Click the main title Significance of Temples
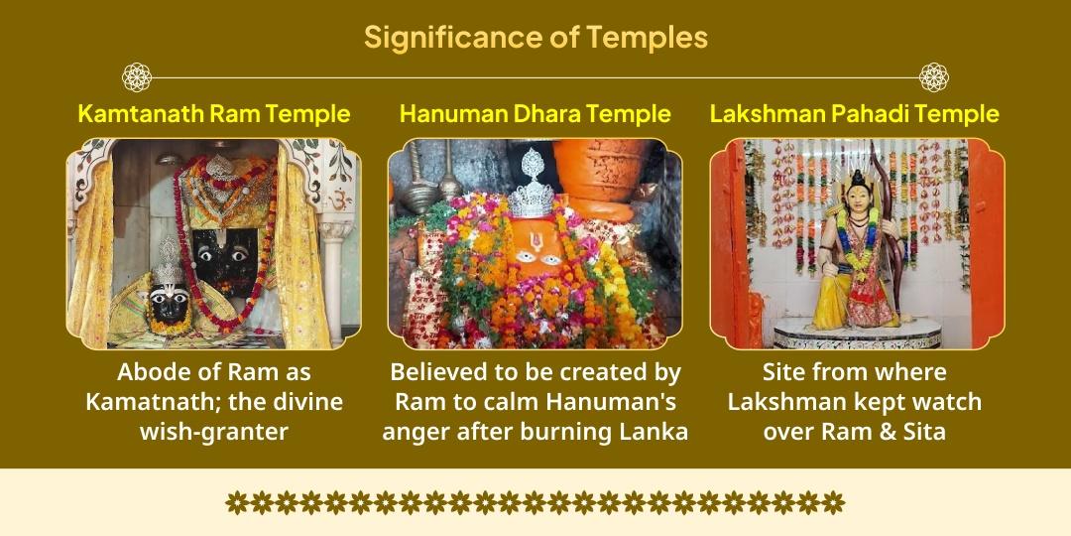[x=535, y=38]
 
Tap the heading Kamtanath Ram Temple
[x=213, y=113]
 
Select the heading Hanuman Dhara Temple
[x=535, y=113]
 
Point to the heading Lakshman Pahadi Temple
[x=854, y=113]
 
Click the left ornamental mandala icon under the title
[x=137, y=76]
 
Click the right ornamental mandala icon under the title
[x=933, y=76]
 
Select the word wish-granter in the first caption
[x=214, y=432]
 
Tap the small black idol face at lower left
[x=169, y=304]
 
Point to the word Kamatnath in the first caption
[x=148, y=402]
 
